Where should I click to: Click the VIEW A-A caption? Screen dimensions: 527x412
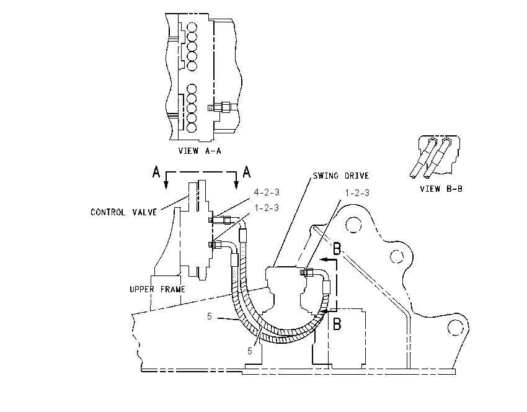pos(200,151)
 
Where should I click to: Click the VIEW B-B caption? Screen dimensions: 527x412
pos(441,189)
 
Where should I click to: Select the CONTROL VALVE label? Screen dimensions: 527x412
pos(123,212)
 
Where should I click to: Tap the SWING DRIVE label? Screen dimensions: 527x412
pos(341,176)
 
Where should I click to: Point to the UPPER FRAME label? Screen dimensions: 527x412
pos(157,289)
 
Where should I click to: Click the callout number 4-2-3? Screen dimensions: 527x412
pos(267,192)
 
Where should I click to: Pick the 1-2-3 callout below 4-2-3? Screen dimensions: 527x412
pos(267,208)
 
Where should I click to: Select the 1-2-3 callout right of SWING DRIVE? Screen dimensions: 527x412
pos(357,193)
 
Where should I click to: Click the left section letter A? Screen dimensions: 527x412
pos(156,172)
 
